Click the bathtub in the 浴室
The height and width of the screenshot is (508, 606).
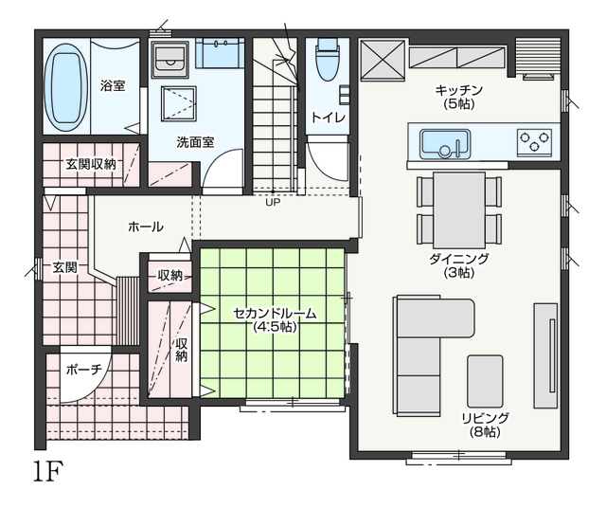point(65,88)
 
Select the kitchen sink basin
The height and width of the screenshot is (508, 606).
point(446,144)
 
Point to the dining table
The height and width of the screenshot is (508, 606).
point(459,210)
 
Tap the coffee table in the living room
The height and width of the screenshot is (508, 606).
point(485,381)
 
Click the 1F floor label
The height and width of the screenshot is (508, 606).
point(47,471)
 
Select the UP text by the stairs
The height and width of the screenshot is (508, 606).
point(273,202)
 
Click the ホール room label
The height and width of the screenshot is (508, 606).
point(145,227)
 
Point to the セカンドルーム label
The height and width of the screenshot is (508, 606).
point(275,313)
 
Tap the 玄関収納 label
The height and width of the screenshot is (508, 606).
point(91,164)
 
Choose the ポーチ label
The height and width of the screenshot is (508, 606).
point(84,370)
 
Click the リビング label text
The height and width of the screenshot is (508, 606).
point(486,418)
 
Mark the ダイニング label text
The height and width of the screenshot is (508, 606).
point(459,259)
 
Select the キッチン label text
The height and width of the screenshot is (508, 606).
point(459,90)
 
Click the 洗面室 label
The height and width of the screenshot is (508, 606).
point(196,142)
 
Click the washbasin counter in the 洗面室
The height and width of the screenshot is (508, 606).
point(220,53)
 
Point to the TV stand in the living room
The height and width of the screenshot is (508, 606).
point(545,355)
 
